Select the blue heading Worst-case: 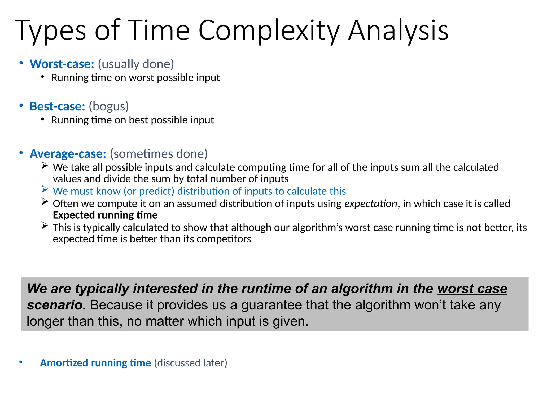(62, 64)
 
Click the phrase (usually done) (136, 64)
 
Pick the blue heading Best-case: (57, 107)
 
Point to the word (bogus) (109, 107)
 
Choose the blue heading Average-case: (68, 154)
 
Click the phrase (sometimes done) (159, 154)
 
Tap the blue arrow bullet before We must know (45, 189)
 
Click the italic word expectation (370, 204)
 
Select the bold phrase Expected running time (105, 215)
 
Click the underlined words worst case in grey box (472, 289)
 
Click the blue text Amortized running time (95, 363)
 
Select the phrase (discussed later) (191, 363)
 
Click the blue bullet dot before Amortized (21, 362)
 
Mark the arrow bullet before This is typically (45, 225)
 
